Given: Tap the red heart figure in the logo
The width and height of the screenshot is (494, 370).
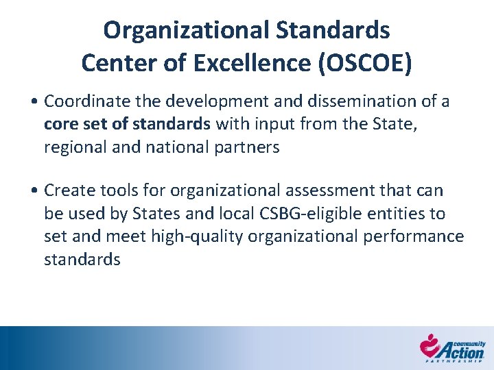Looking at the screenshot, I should tap(430, 345).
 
